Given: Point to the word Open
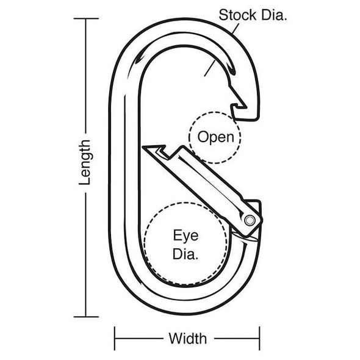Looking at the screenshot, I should (x=215, y=137).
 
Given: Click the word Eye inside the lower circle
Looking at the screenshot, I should (x=185, y=235).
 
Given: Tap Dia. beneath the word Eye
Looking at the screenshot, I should (x=185, y=254).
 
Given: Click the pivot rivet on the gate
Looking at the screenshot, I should (x=250, y=219).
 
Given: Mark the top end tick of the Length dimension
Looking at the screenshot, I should (x=85, y=19).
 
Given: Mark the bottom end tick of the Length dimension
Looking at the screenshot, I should (x=85, y=316).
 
